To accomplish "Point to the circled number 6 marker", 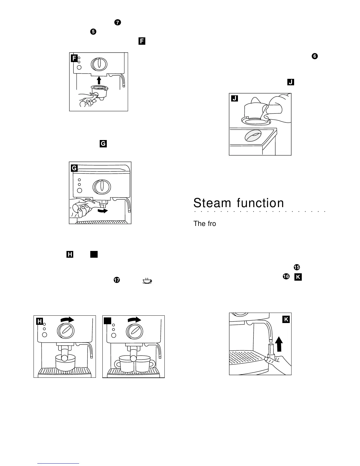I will click(x=314, y=56).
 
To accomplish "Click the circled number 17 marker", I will click(x=116, y=280).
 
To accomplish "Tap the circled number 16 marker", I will click(x=286, y=277).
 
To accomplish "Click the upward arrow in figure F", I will click(x=99, y=80).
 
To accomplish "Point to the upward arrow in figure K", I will click(x=279, y=344).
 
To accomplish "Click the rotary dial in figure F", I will click(x=99, y=64).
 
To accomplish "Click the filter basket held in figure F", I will click(x=99, y=91).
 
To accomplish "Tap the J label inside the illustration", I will click(x=234, y=98).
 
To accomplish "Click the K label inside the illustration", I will click(x=286, y=319).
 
